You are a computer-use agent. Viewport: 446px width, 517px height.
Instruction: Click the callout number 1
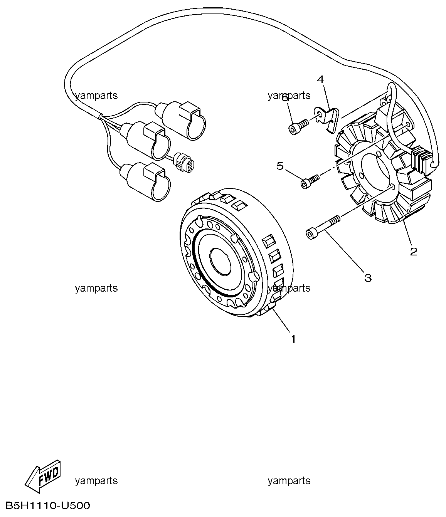(293, 339)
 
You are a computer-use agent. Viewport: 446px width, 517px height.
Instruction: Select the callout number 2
(414, 251)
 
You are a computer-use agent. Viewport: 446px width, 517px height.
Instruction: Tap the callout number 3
(368, 278)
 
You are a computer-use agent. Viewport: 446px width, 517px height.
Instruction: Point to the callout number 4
(321, 79)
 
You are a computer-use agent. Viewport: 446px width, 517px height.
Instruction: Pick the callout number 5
(280, 166)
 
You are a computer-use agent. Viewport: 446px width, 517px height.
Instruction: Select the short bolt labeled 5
(310, 182)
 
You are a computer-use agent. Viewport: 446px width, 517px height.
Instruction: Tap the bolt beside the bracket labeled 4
(298, 127)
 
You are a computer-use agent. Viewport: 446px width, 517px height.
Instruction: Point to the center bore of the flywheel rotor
(220, 262)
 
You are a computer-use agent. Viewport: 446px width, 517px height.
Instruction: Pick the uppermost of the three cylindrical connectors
(180, 121)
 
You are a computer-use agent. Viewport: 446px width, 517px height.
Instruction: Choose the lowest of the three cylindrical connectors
(145, 182)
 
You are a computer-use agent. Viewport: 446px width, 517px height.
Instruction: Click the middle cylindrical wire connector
(145, 141)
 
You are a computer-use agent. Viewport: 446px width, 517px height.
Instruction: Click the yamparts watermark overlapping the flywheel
(289, 288)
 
